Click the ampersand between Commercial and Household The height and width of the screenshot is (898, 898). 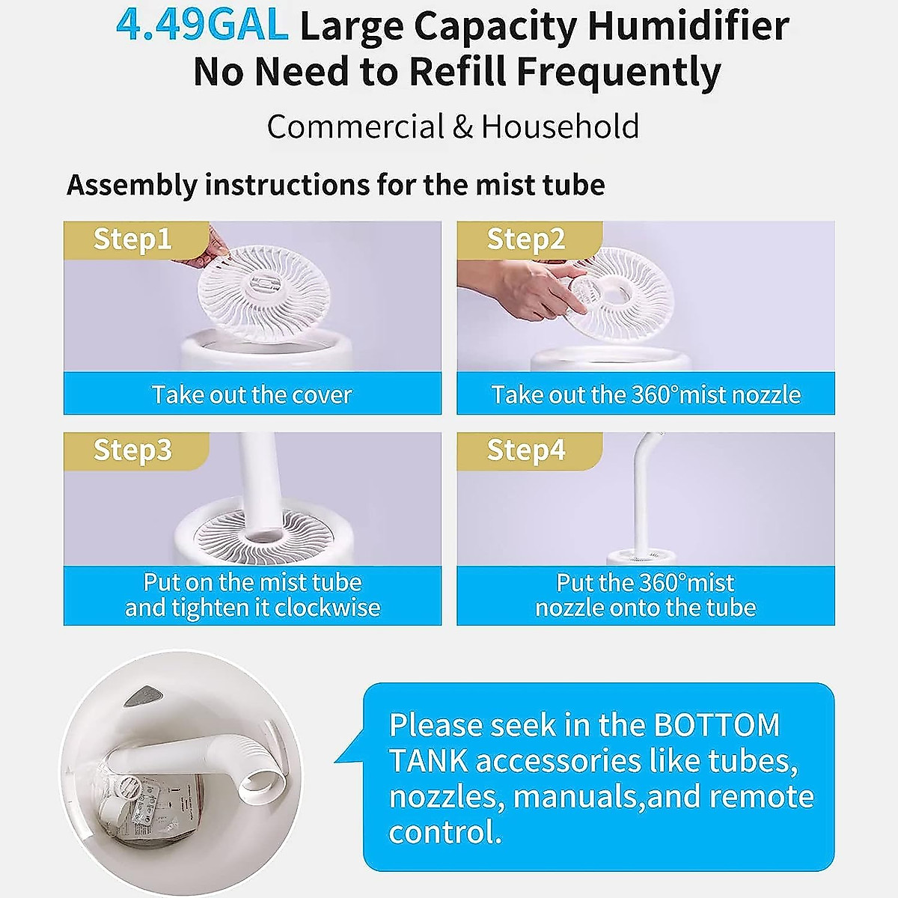click(x=462, y=126)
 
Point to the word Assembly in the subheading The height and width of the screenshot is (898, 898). click(x=132, y=185)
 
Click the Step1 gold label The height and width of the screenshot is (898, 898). click(x=132, y=239)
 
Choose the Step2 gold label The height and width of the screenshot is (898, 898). click(x=526, y=239)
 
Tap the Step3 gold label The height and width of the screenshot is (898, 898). click(x=132, y=450)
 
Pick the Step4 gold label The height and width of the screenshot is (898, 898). click(x=526, y=450)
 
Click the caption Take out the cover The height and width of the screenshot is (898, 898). click(x=251, y=394)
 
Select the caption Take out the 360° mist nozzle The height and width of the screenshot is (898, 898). click(x=646, y=394)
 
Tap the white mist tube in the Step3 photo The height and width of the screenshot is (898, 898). click(x=262, y=486)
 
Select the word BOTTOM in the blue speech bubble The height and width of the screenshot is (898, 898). click(x=716, y=725)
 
